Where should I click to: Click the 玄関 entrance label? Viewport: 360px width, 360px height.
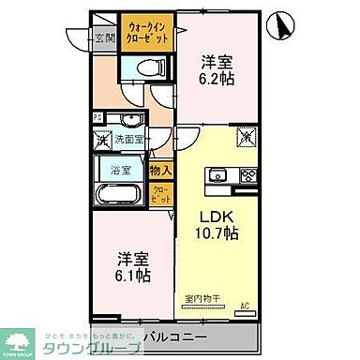pyautogui.click(x=104, y=38)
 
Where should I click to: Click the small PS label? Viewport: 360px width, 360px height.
pyautogui.click(x=97, y=117)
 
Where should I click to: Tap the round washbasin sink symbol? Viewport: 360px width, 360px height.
pyautogui.click(x=127, y=118)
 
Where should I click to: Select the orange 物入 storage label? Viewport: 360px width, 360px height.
pyautogui.click(x=160, y=171)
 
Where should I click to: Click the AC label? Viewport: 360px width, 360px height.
pyautogui.click(x=246, y=306)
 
